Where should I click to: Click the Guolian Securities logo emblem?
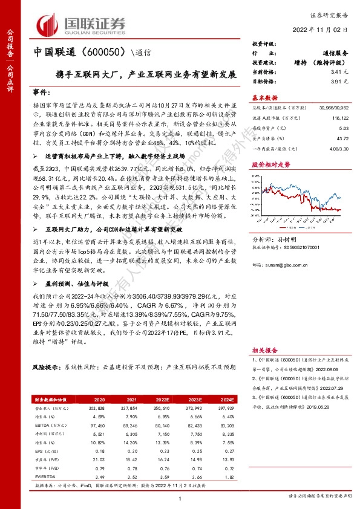(x=48, y=24)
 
